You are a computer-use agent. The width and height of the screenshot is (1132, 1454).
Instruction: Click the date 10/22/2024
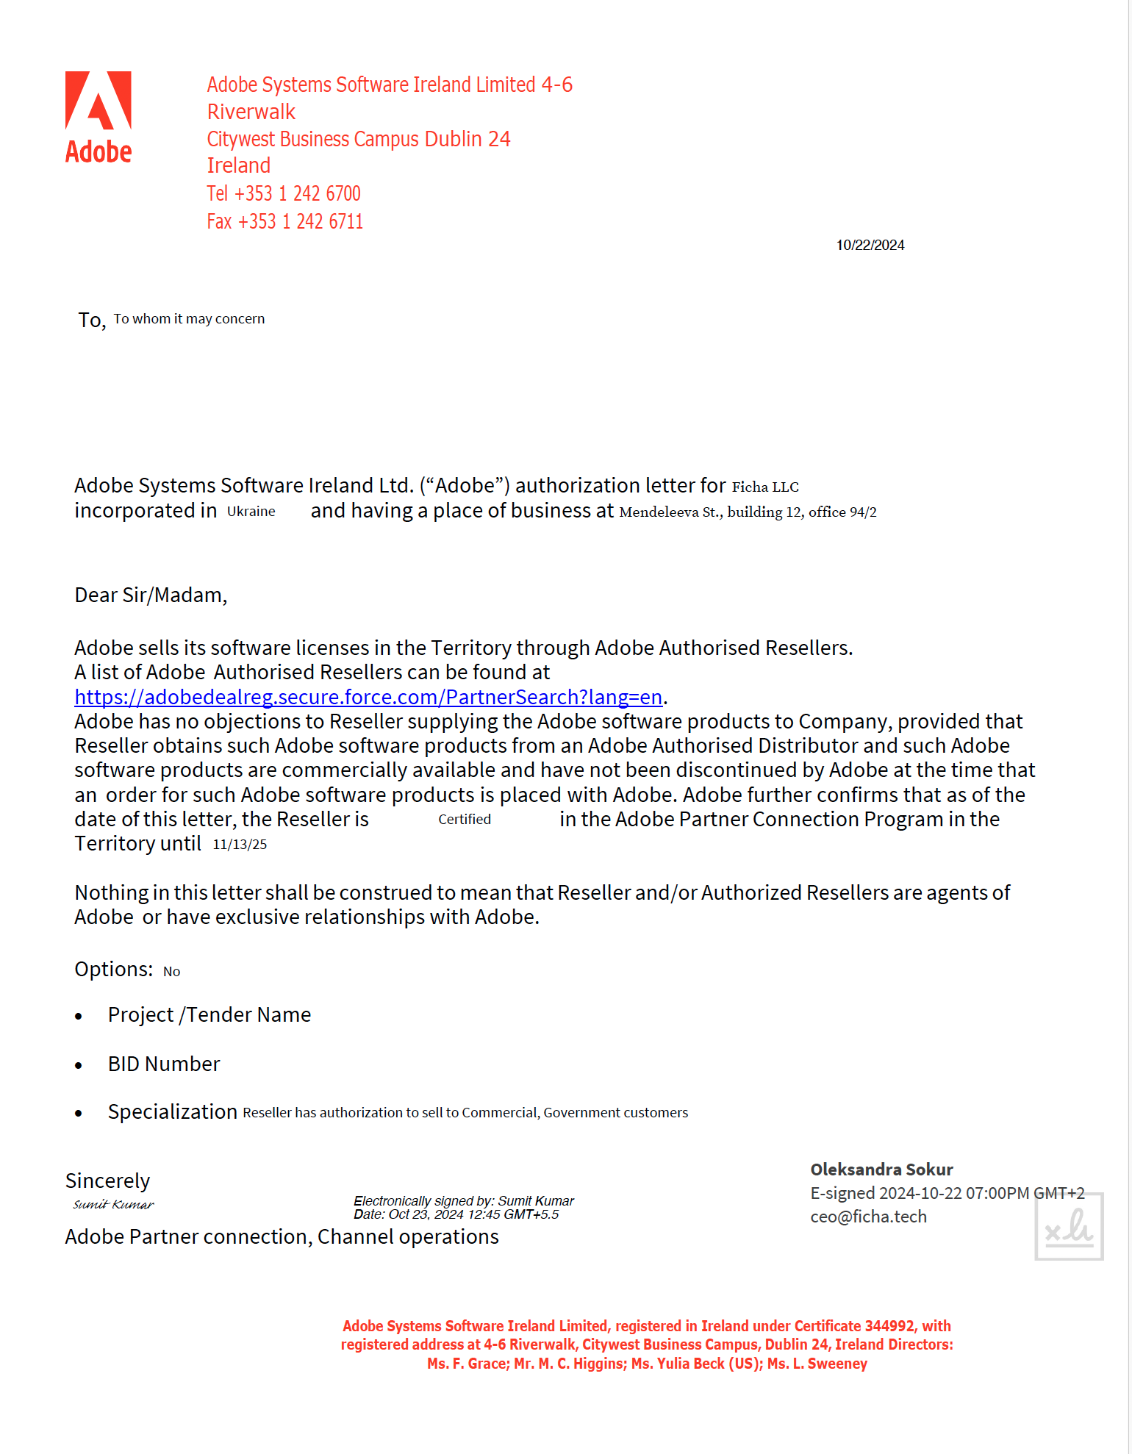pyautogui.click(x=870, y=246)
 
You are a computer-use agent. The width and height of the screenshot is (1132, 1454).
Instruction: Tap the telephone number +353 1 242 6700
pyautogui.click(x=297, y=194)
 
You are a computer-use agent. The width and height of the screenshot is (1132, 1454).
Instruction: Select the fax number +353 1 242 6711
pyautogui.click(x=300, y=222)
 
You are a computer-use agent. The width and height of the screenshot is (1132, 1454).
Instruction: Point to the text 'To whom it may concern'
pyautogui.click(x=189, y=319)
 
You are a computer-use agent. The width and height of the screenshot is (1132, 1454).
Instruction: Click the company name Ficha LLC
pyautogui.click(x=764, y=487)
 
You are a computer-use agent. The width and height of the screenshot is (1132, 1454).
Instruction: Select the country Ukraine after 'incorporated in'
pyautogui.click(x=251, y=512)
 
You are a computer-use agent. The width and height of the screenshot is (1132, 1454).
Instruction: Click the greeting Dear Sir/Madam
pyautogui.click(x=151, y=595)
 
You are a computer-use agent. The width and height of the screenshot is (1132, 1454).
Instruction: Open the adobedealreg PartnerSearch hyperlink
pyautogui.click(x=368, y=697)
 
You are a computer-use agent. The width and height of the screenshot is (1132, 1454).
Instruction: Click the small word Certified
pyautogui.click(x=465, y=820)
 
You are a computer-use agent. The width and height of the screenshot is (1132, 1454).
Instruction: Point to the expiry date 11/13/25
pyautogui.click(x=240, y=845)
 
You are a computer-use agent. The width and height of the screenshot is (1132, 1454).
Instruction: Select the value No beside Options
pyautogui.click(x=171, y=972)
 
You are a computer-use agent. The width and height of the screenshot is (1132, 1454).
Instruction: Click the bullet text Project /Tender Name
pyautogui.click(x=209, y=1015)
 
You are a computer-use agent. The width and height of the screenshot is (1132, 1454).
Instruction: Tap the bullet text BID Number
pyautogui.click(x=164, y=1064)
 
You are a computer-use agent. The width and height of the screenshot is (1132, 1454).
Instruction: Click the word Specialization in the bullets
pyautogui.click(x=172, y=1112)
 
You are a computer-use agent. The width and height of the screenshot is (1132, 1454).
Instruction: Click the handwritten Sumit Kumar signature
pyautogui.click(x=113, y=1205)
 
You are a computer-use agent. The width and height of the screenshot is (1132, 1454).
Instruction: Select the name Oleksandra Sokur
pyautogui.click(x=881, y=1170)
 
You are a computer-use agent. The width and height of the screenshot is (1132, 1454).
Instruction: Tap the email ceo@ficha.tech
pyautogui.click(x=868, y=1217)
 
